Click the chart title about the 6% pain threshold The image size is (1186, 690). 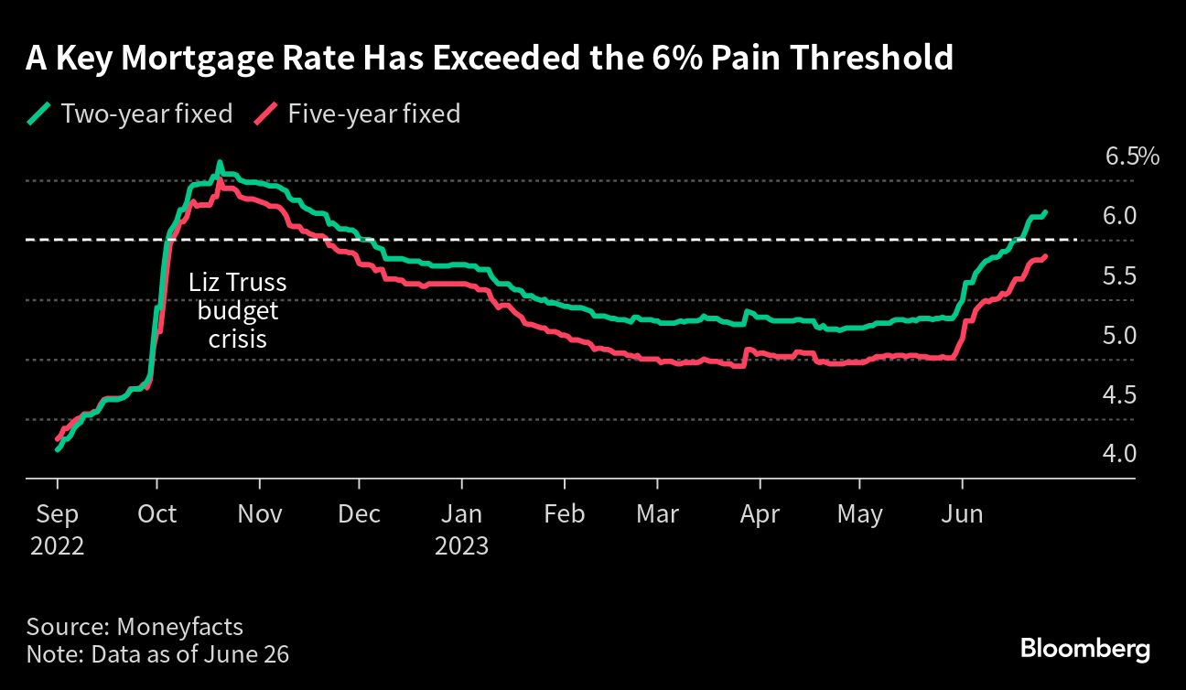490,59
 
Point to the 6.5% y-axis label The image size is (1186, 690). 1131,156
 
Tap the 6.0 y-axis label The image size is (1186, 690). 1120,216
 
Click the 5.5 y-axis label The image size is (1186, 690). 1120,275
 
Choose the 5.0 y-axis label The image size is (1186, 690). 1120,335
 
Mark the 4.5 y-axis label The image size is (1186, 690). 1120,394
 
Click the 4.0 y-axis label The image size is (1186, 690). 1120,454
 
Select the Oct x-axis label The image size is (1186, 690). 157,514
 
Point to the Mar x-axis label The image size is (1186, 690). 657,514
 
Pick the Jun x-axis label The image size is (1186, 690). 962,514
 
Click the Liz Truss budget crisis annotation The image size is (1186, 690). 238,310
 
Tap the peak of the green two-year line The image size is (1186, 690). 219,164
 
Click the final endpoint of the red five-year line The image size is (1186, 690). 1045,256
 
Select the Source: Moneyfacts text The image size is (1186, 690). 135,627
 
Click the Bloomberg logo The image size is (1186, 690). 1084,650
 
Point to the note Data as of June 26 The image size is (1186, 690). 158,654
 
